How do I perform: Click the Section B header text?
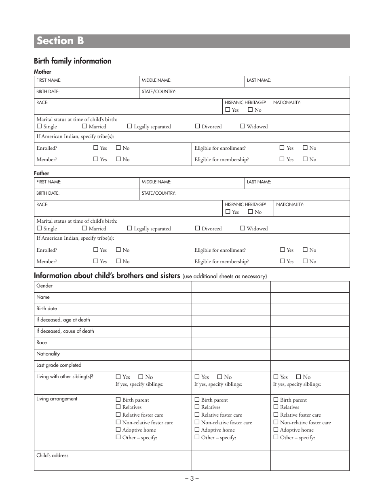tap(60, 41)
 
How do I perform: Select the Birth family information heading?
tap(72, 61)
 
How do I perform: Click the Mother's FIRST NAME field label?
tap(49, 81)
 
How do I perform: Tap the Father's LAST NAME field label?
tap(259, 182)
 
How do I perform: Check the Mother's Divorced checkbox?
tap(198, 126)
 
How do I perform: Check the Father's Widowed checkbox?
tap(243, 228)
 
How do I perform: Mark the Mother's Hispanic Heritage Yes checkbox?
tap(228, 110)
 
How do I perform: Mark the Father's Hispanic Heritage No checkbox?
tap(250, 212)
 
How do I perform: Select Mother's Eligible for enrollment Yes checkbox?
tap(282, 148)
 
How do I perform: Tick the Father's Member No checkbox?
tap(118, 261)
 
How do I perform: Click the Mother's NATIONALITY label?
tap(287, 103)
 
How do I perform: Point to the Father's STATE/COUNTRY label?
tap(158, 194)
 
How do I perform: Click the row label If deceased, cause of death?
tap(65, 331)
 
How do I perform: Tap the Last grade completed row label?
tap(59, 365)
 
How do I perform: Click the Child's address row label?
tap(52, 455)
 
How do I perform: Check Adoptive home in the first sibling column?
tap(118, 430)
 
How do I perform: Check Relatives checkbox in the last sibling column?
tap(276, 407)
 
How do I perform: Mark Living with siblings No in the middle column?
tap(220, 377)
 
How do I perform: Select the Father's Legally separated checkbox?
tap(130, 228)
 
